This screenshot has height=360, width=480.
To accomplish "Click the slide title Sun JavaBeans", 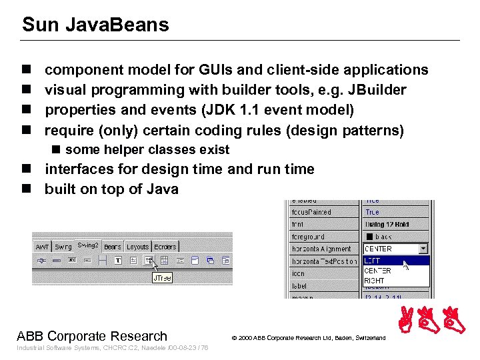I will (x=95, y=25).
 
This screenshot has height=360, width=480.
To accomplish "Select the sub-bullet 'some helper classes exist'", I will (x=147, y=149).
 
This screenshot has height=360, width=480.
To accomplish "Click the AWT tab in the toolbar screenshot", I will (x=42, y=247).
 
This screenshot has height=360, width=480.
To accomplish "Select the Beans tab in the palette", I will (x=113, y=247).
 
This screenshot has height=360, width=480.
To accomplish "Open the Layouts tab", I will (x=137, y=247).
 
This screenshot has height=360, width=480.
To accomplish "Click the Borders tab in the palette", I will (x=165, y=247).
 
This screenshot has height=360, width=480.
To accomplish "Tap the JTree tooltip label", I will (x=161, y=278).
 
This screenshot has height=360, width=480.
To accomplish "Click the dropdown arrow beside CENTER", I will (x=423, y=249).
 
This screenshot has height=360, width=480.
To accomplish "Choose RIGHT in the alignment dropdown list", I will (x=374, y=281).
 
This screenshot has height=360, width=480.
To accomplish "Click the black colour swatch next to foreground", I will (x=369, y=237).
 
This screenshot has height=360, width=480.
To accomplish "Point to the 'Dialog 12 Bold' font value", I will (x=387, y=225).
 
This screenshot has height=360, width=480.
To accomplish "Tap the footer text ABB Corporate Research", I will (x=92, y=336).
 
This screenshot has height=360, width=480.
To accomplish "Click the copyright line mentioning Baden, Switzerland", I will (x=308, y=338).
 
